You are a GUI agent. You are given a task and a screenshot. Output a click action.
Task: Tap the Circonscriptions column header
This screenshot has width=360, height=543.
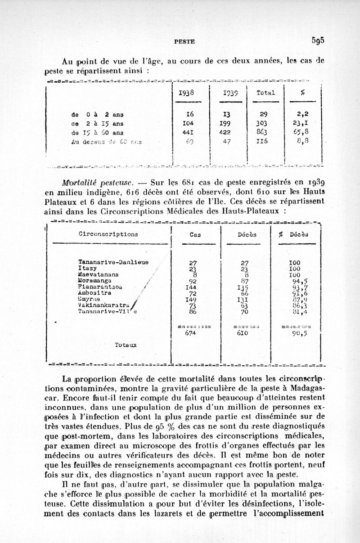tap(108, 234)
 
